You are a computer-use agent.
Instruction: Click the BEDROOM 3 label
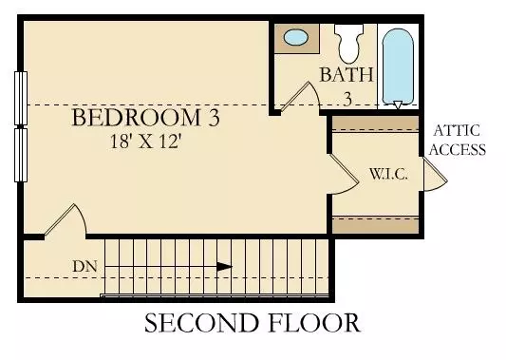[x=146, y=120]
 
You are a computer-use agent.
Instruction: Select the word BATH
[x=346, y=74]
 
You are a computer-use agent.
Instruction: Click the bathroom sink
[x=297, y=39]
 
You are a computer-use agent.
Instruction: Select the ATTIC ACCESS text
[x=459, y=140]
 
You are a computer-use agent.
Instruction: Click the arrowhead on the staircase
[x=224, y=267]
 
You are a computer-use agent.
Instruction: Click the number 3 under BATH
[x=347, y=98]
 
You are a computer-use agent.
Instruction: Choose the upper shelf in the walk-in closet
[x=374, y=123]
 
